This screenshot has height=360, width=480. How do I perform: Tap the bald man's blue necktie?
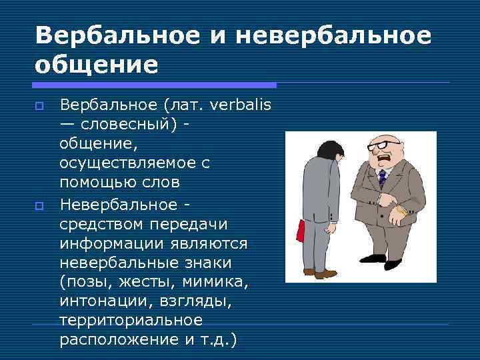coord(382,177)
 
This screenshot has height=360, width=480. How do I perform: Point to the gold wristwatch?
coord(399,211)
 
